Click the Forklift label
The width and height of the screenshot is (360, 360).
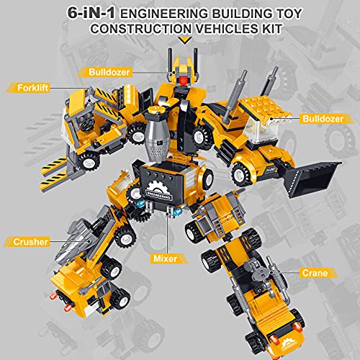tap(33, 88)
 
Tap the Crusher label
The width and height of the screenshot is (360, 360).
tap(30, 242)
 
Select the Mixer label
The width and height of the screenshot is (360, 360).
tap(166, 258)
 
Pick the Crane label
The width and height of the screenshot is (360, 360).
tap(315, 273)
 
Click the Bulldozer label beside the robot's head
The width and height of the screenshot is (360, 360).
tap(109, 72)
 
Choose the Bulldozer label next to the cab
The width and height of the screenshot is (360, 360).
tap(323, 119)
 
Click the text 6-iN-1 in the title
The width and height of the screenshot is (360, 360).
tap(91, 13)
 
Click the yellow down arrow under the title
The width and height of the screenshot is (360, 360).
tap(186, 40)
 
